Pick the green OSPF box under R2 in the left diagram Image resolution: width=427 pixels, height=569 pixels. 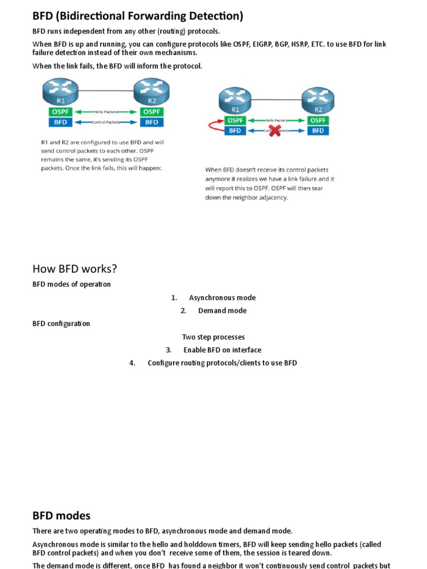[x=151, y=112]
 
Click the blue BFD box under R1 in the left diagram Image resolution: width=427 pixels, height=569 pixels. [x=60, y=122]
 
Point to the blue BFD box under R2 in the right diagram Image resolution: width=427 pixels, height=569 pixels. [x=317, y=131]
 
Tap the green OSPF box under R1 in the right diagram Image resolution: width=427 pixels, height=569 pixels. [x=235, y=120]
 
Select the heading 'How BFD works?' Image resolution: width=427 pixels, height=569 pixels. [x=75, y=269]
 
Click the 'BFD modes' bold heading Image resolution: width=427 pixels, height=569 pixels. [x=61, y=516]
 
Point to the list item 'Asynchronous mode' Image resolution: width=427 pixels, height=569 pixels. [x=222, y=298]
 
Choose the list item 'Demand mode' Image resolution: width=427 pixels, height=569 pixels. [x=222, y=311]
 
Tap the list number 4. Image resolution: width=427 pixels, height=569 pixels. [x=132, y=363]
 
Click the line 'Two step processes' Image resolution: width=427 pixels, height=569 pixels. [x=213, y=337]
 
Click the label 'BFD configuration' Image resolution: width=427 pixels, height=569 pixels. [x=61, y=323]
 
